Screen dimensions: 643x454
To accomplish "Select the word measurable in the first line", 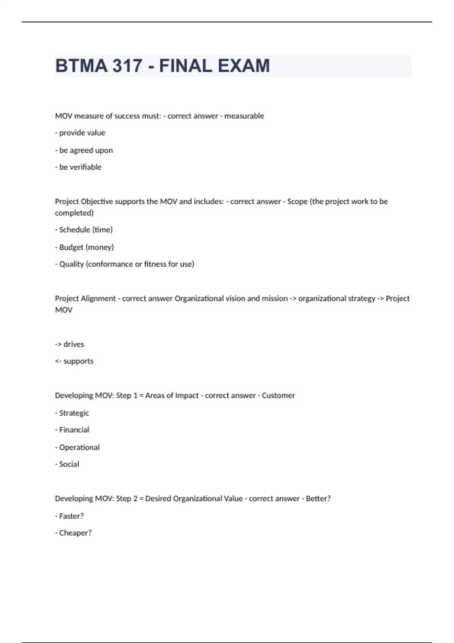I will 244,116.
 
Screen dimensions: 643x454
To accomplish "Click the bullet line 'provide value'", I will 80,133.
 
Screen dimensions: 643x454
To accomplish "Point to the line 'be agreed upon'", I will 84,150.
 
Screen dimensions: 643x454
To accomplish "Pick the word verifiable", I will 86,167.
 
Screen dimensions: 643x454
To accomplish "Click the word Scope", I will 297,201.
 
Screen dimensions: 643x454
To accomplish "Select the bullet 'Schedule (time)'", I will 84,230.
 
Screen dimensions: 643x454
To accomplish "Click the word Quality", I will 72,264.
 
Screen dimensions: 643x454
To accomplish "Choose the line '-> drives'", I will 70,344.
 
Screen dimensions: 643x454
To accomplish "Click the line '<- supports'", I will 74,361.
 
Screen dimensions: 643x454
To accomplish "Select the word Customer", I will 278,395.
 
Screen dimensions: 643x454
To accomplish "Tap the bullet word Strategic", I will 74,413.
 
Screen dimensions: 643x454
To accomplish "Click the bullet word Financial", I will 74,430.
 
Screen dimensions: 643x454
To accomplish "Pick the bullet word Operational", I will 79,447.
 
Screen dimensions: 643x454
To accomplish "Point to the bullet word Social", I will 69,464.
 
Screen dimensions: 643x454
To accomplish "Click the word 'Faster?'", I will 71,516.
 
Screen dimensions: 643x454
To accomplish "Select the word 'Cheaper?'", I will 75,533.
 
